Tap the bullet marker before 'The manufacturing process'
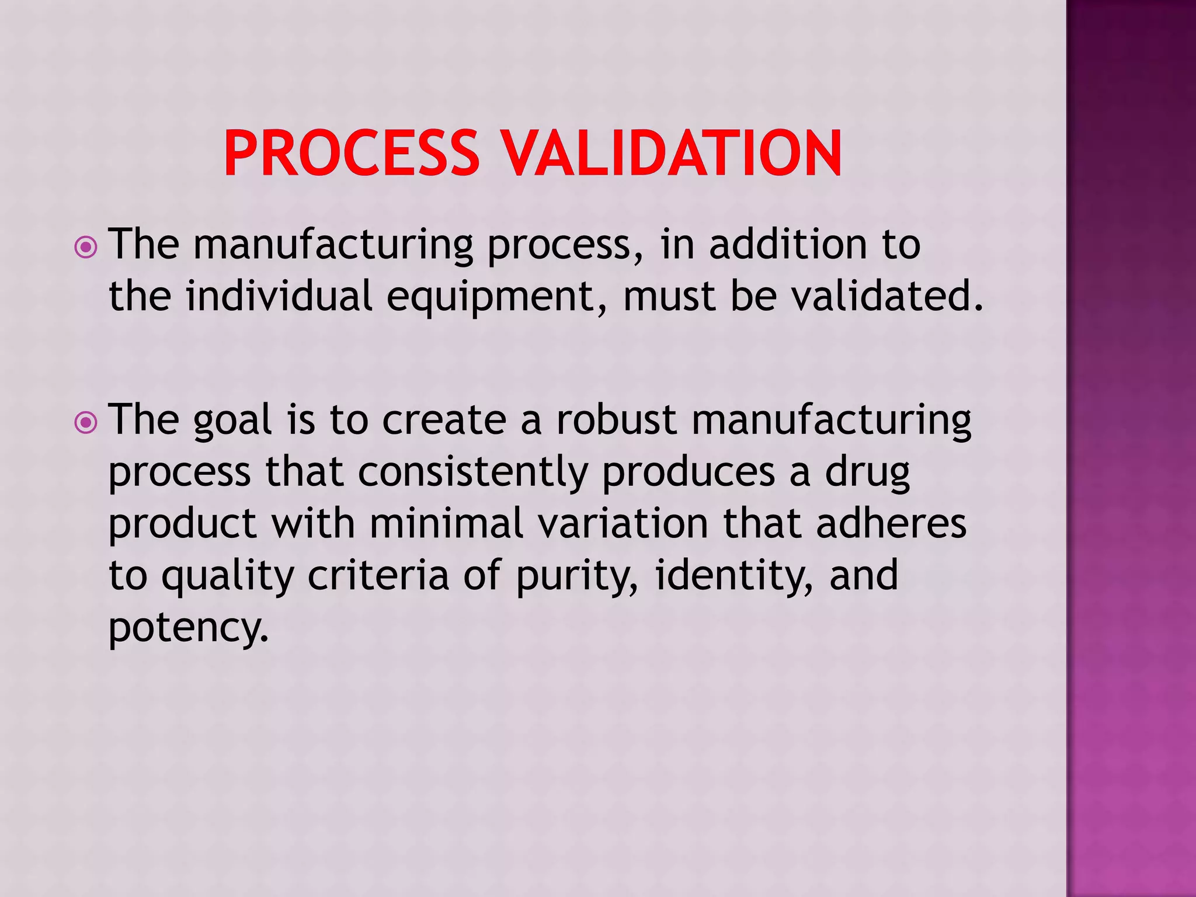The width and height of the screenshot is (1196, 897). click(x=86, y=247)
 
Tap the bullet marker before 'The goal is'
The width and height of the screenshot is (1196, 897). click(x=86, y=422)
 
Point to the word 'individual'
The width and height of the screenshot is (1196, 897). click(x=279, y=295)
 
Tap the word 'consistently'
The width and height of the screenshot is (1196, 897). click(x=472, y=472)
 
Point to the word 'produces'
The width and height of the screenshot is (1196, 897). click(x=689, y=472)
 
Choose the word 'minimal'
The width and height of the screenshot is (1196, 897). click(x=447, y=523)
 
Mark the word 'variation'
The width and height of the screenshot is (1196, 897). click(x=623, y=523)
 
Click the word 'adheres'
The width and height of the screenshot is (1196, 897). click(x=891, y=523)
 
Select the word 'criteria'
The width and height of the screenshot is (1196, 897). click(x=378, y=575)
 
